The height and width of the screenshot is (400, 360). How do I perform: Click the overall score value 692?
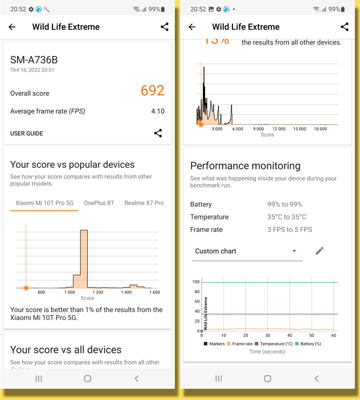pyautogui.click(x=152, y=90)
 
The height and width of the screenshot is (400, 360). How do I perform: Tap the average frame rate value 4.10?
pyautogui.click(x=157, y=111)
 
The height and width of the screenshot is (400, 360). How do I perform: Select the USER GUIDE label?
pyautogui.click(x=26, y=133)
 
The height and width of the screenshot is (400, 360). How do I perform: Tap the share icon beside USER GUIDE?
pyautogui.click(x=157, y=133)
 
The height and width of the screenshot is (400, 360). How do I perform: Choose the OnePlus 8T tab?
pyautogui.click(x=99, y=202)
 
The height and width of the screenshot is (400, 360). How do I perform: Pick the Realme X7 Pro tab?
pyautogui.click(x=144, y=202)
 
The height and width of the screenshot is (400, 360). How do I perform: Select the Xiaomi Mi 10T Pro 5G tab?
pyautogui.click(x=44, y=202)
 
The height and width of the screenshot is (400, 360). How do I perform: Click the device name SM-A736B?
pyautogui.click(x=34, y=60)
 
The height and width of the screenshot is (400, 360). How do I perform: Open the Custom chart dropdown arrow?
pyautogui.click(x=294, y=251)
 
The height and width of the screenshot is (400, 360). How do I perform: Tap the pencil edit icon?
pyautogui.click(x=319, y=251)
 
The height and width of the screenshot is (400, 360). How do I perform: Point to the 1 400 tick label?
pyautogui.click(x=127, y=292)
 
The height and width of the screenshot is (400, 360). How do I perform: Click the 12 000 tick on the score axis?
pyautogui.click(x=278, y=129)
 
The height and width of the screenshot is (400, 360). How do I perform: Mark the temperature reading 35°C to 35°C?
pyautogui.click(x=286, y=217)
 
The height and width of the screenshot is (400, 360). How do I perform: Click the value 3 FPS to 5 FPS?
pyautogui.click(x=289, y=229)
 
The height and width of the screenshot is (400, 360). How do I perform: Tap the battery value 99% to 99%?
pyautogui.click(x=284, y=204)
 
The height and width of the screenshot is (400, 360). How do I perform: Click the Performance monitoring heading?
pyautogui.click(x=245, y=166)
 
